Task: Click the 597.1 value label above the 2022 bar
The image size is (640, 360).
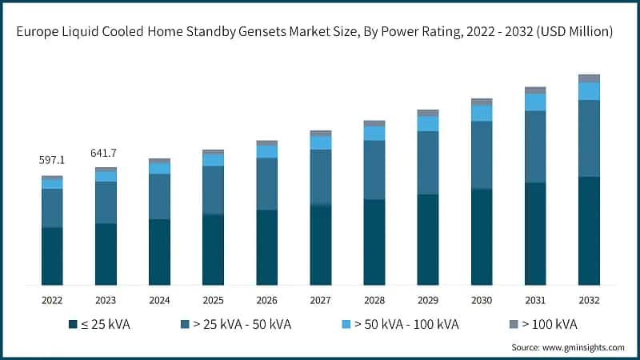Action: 52,160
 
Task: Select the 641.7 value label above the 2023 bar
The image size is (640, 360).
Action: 106,153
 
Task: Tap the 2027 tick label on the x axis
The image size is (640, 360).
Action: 320,299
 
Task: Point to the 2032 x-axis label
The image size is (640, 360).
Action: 589,299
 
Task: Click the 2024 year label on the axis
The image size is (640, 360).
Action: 159,299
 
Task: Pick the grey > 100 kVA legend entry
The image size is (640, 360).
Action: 543,324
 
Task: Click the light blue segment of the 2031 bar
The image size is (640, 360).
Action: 535,102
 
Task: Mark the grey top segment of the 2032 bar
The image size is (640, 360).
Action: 589,78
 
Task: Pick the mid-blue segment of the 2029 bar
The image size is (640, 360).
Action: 428,162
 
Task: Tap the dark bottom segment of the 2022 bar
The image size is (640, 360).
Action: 52,256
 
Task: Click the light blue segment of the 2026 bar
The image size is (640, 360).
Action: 266,151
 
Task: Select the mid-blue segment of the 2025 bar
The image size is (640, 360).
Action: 213,190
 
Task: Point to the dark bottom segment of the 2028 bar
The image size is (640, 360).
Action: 374,242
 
